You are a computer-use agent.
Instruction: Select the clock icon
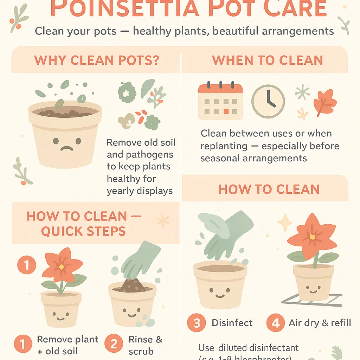[268, 102]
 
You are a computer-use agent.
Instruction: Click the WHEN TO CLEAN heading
[268, 60]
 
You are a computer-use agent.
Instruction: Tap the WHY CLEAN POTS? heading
[97, 60]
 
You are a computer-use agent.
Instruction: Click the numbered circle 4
[276, 323]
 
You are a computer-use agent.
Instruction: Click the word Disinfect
[232, 323]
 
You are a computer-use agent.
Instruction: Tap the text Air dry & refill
[320, 323]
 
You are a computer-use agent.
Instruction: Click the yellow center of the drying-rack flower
[312, 237]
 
